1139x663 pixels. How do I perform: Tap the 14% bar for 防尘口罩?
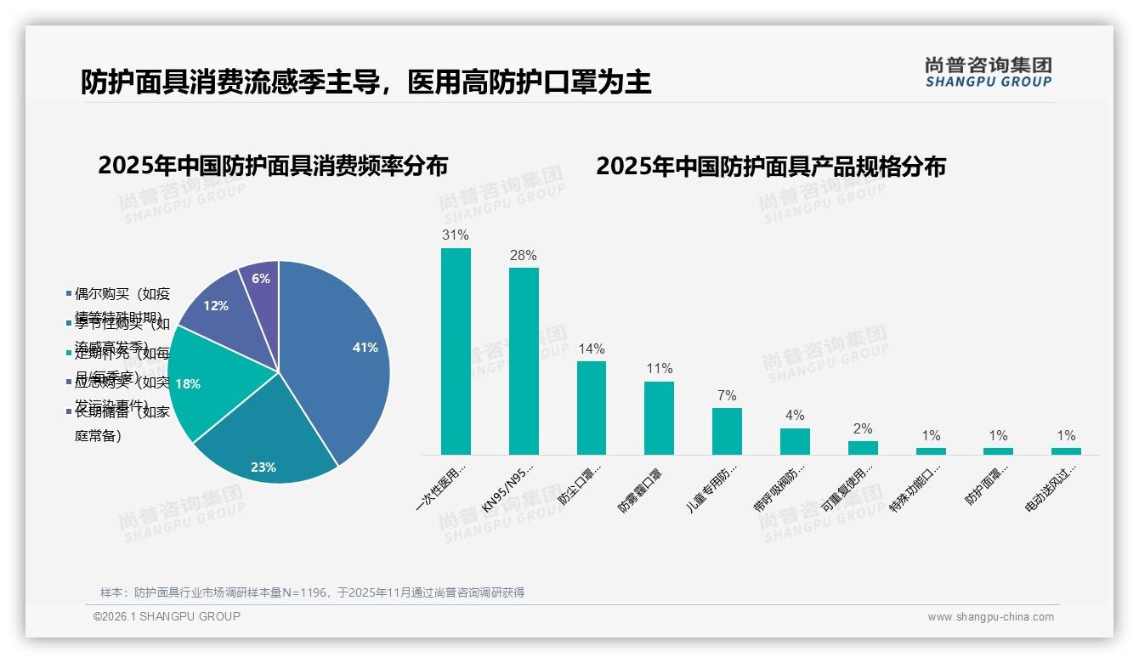(x=592, y=408)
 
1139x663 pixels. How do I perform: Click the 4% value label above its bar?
(x=795, y=416)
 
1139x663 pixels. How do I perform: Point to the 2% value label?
(x=863, y=429)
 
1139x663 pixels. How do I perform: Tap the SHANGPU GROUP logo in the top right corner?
(x=988, y=72)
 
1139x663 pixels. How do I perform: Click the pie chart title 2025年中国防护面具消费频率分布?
(x=273, y=166)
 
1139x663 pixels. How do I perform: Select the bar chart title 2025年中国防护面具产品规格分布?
(x=770, y=166)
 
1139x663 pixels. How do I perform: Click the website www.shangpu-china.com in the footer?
(x=990, y=617)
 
